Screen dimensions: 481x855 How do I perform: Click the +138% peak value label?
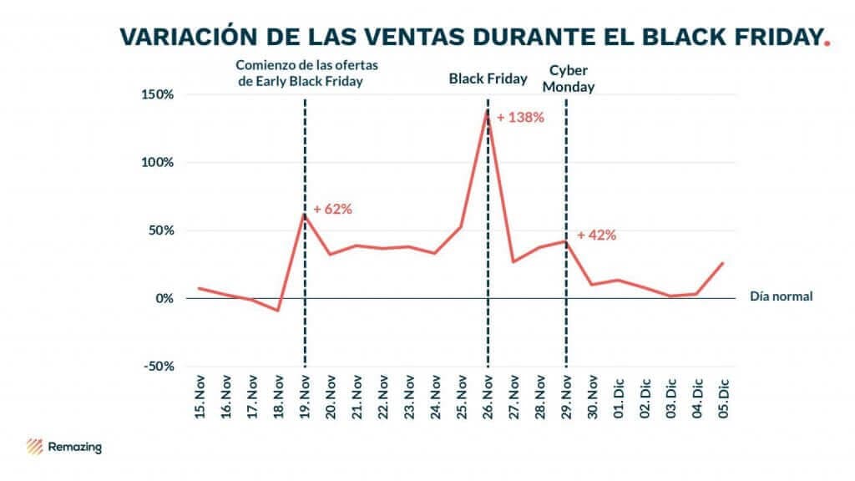[x=520, y=118]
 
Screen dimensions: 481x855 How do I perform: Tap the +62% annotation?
[x=332, y=209]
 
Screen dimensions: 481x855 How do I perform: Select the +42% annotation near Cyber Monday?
[x=596, y=235]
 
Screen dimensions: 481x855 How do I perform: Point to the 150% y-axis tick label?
[x=157, y=94]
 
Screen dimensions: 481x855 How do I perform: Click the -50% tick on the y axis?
[x=157, y=366]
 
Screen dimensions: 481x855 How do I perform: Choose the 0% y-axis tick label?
[x=163, y=298]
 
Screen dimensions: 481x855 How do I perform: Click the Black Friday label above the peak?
[x=488, y=79]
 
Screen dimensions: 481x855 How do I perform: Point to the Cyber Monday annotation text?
[x=571, y=78]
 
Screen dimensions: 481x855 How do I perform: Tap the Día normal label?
[x=781, y=296]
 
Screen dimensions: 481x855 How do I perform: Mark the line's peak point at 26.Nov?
[x=487, y=109]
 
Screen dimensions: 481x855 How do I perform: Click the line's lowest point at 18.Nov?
[x=278, y=311]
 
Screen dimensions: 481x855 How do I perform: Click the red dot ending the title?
[x=827, y=43]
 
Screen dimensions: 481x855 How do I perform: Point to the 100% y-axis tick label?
[x=157, y=162]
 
